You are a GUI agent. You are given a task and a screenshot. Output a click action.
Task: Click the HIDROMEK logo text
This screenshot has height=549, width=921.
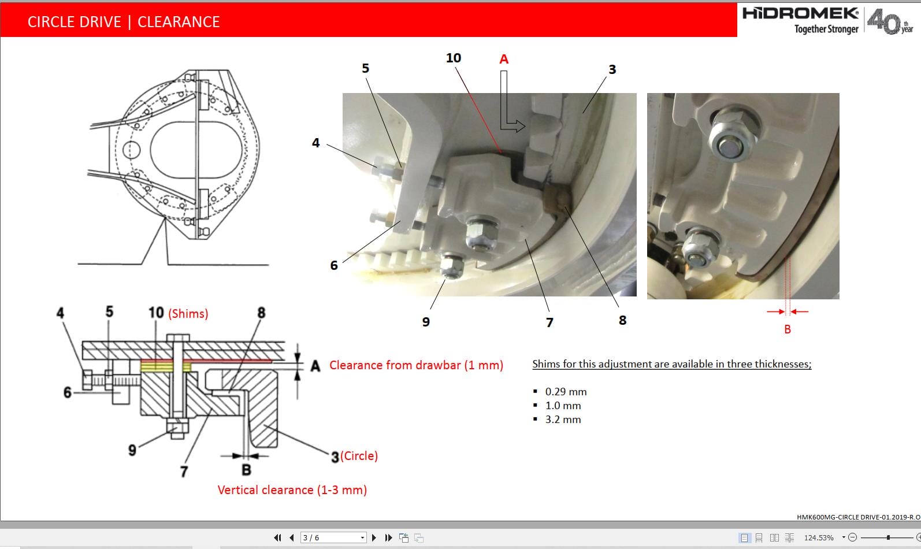click(800, 13)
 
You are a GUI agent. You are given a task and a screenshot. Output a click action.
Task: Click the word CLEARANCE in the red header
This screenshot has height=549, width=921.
click(179, 22)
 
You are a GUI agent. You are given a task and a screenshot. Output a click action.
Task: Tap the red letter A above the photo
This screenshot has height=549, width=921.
click(504, 59)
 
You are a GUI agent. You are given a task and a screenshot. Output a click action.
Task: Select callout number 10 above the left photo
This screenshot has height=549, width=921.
click(454, 58)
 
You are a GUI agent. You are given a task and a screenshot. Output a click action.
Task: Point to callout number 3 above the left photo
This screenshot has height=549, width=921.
click(612, 69)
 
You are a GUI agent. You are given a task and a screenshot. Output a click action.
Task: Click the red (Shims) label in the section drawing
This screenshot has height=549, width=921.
click(188, 313)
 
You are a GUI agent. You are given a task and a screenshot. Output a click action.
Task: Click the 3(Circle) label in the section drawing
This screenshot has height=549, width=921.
click(354, 456)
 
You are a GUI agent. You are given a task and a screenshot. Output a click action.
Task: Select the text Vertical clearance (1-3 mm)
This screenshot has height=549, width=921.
click(292, 490)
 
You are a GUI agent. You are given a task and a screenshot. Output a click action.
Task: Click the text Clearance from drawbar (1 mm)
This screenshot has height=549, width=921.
click(416, 365)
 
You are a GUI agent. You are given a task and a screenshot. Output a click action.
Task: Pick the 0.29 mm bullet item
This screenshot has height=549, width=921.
click(566, 392)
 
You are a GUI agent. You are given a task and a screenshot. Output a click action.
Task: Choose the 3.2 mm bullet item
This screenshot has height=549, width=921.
click(563, 420)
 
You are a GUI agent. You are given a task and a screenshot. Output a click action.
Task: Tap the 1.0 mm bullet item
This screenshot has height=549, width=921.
click(563, 406)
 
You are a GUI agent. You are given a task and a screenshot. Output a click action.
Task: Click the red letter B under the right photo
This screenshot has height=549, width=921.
click(787, 329)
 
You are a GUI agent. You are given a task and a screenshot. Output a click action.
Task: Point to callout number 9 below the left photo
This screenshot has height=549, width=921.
click(426, 322)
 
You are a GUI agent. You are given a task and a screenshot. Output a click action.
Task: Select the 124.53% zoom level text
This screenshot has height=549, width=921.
click(819, 537)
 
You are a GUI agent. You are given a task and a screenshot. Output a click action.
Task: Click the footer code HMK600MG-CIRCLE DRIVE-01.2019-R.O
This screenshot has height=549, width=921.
click(858, 517)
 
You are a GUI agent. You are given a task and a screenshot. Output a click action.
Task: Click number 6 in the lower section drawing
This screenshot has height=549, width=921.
click(67, 393)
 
